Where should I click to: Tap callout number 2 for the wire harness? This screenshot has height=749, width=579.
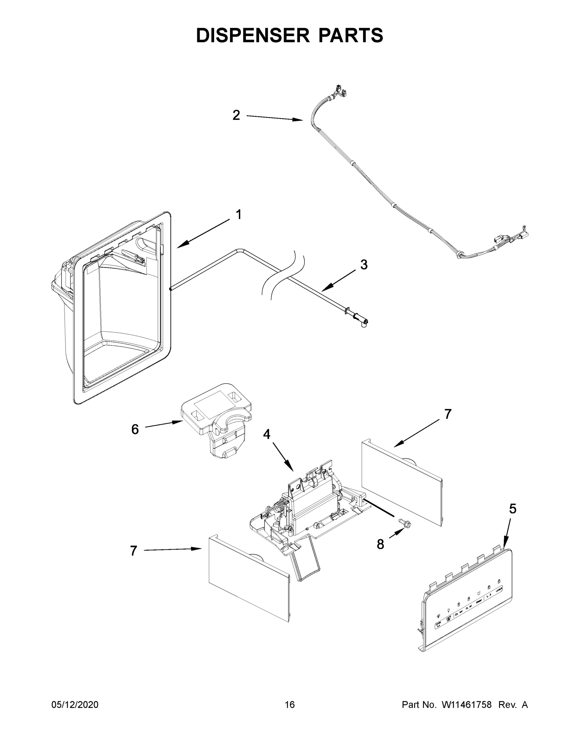tap(236, 115)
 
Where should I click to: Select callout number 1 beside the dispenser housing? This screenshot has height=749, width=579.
tap(238, 215)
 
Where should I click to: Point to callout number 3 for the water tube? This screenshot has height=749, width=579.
tap(364, 265)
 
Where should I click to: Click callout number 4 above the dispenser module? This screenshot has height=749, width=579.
tap(267, 434)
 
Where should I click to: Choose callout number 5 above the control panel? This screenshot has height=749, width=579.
tap(512, 509)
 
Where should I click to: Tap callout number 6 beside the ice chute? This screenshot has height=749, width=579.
tap(135, 429)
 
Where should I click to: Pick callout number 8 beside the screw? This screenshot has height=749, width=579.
tap(380, 544)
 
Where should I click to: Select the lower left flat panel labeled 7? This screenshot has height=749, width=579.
tap(249, 580)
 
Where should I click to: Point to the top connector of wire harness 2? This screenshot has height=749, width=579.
tap(340, 91)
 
